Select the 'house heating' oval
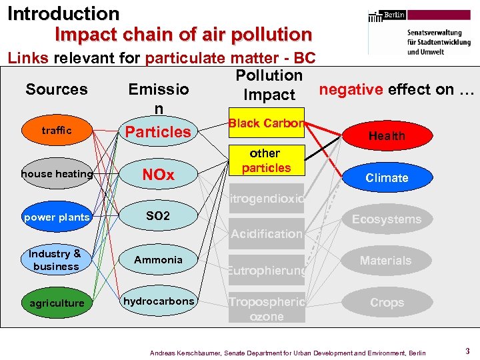pos(57,174)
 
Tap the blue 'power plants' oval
pos(57,217)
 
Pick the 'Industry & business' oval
pos(56,260)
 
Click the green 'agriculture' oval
pos(57,303)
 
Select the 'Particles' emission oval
pos(159,131)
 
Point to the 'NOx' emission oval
pos(159,175)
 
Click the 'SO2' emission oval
pos(159,217)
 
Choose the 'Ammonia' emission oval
pos(159,259)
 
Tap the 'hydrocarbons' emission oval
pos(159,301)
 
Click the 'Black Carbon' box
pos(266,123)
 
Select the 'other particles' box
pos(266,161)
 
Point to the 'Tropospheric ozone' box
pos(266,309)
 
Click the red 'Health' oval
pos(387,136)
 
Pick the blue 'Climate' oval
pos(387,178)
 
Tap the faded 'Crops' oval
pos(387,303)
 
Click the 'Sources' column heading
pos(57,89)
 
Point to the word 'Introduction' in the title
pos(63,13)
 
